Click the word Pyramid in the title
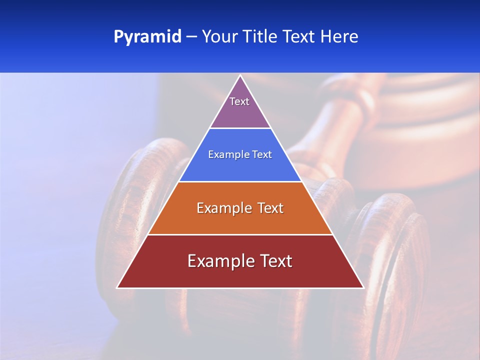(147, 37)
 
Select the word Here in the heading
(339, 37)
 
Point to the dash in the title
(191, 37)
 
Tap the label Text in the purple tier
(239, 101)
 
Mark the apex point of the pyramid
(240, 75)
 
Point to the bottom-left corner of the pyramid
(117, 287)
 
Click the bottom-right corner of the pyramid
(363, 287)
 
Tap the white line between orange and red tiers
(240, 234)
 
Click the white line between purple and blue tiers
(240, 128)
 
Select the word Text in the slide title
(299, 37)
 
